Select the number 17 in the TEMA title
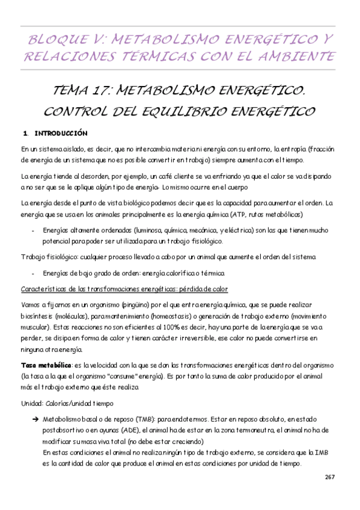(x=100, y=91)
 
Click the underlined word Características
(x=46, y=289)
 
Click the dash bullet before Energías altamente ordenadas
(x=31, y=230)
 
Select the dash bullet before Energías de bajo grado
(x=31, y=274)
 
